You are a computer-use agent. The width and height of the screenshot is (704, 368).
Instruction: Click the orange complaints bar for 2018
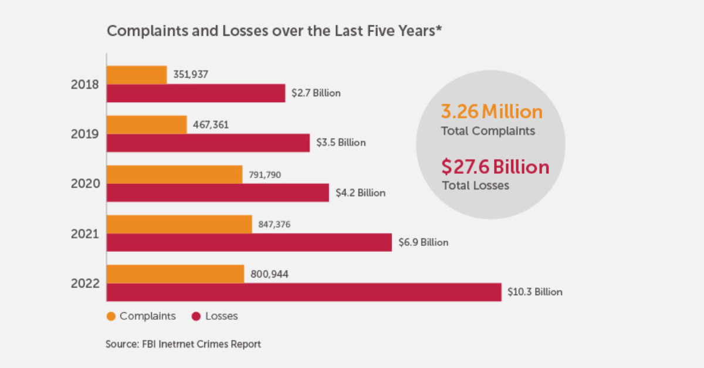tap(137, 75)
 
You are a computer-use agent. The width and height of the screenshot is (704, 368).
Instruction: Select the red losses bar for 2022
tap(304, 292)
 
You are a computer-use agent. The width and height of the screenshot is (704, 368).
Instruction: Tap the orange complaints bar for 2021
tap(180, 224)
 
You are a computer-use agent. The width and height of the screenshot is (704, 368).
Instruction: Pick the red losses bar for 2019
tap(208, 143)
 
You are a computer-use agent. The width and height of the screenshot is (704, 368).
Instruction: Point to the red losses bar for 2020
tap(218, 193)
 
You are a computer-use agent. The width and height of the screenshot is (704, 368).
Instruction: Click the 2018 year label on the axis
tap(85, 84)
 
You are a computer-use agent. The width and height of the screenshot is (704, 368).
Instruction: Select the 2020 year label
tap(85, 184)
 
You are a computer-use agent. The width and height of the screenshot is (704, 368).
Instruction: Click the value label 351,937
tap(191, 75)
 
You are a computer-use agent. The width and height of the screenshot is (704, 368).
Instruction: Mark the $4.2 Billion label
tap(360, 193)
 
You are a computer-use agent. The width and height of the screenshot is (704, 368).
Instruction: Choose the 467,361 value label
tap(211, 124)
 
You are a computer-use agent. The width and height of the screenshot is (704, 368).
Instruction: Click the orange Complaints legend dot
tap(111, 316)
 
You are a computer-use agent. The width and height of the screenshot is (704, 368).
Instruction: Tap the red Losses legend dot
tap(197, 316)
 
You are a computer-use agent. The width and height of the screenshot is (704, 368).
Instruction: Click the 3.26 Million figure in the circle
tap(492, 112)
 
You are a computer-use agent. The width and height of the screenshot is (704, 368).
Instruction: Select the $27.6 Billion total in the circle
tap(495, 167)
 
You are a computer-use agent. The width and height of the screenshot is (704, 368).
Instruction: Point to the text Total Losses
tap(475, 185)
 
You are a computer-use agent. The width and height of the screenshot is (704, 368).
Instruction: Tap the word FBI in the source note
tap(148, 345)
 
